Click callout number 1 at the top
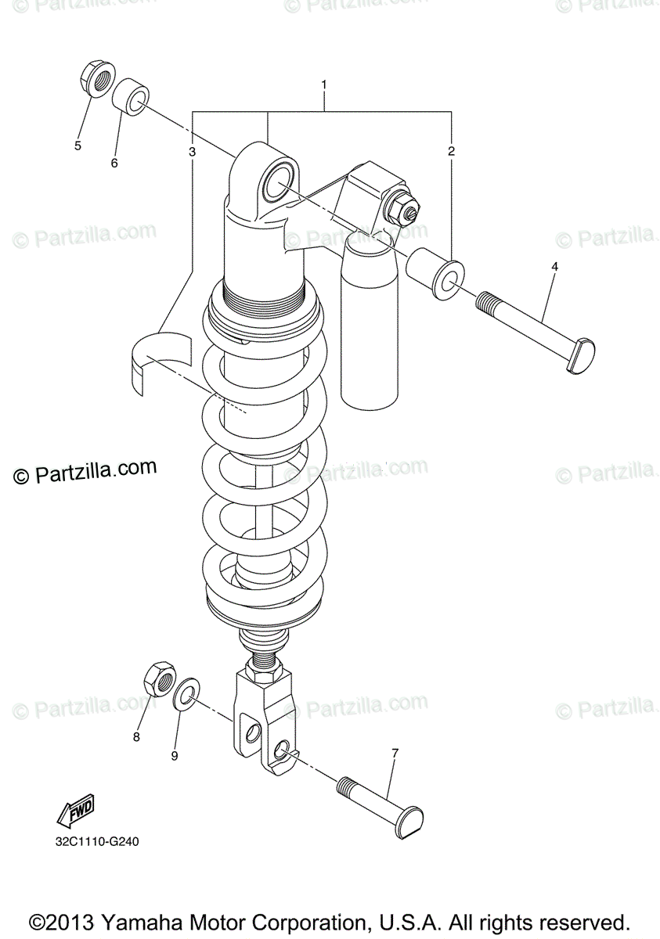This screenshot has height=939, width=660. click(x=323, y=85)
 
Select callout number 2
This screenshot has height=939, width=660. click(x=451, y=151)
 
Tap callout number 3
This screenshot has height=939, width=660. click(x=192, y=151)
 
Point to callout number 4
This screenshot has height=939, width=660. click(x=554, y=267)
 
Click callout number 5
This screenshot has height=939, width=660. click(x=78, y=145)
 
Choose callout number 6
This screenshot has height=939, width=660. click(x=114, y=163)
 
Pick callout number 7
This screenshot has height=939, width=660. click(x=395, y=753)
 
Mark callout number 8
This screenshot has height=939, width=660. click(x=136, y=736)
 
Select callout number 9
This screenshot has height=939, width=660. click(x=175, y=755)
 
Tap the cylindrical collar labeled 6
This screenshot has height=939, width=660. click(x=131, y=97)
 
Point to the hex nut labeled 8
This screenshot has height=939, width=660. click(x=160, y=678)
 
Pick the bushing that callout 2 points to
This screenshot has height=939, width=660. click(x=435, y=275)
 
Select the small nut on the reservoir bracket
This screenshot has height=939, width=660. click(x=406, y=207)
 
